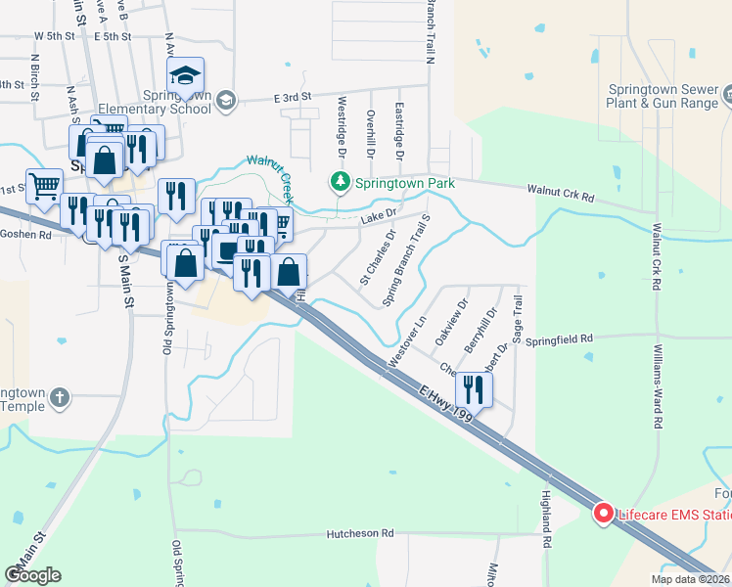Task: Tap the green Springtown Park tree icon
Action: [x=339, y=182]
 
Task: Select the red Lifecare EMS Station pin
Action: [x=604, y=513]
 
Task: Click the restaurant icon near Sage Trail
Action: [x=473, y=390]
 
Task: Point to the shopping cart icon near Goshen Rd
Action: [x=43, y=185]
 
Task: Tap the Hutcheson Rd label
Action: [x=359, y=534]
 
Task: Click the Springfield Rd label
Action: [x=560, y=339]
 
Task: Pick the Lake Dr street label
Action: [x=379, y=215]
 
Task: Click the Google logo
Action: [x=32, y=576]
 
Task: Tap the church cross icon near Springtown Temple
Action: [x=60, y=397]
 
